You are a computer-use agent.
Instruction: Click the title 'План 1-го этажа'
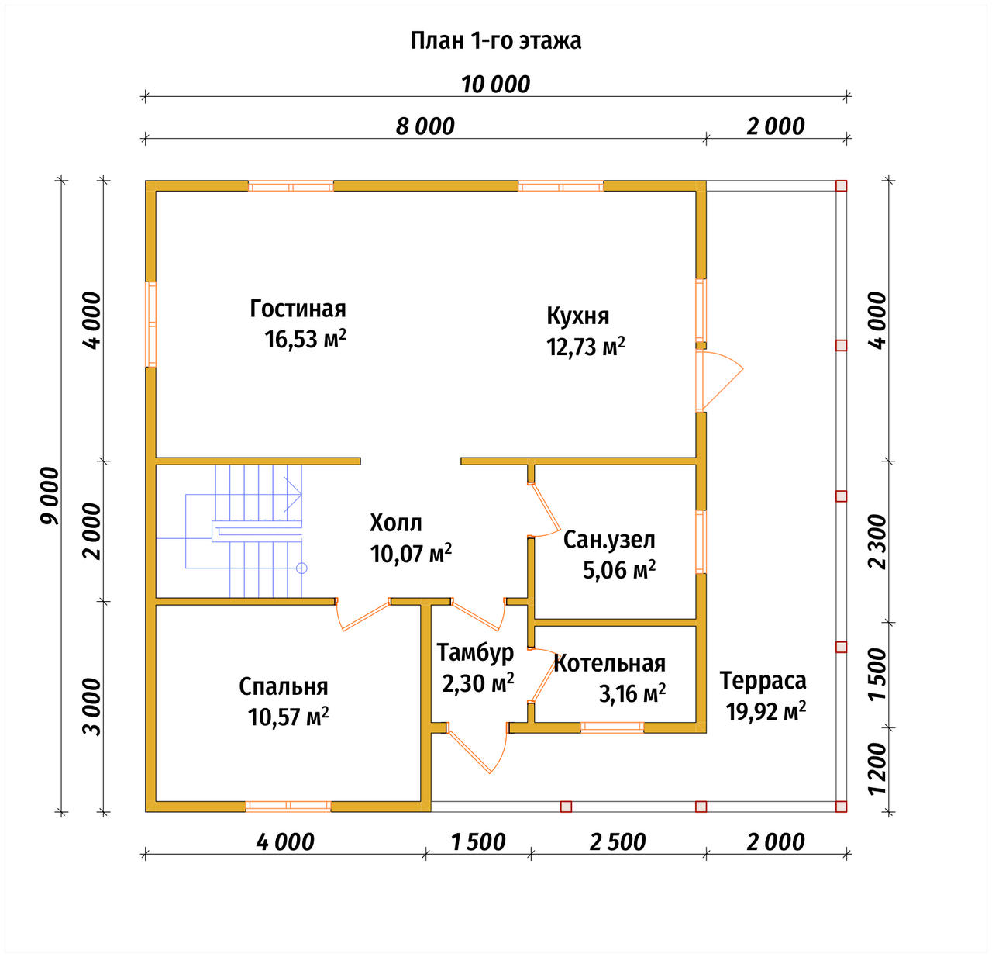(x=495, y=41)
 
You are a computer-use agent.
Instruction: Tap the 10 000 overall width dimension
(x=495, y=85)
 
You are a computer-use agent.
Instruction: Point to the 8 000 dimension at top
(x=425, y=126)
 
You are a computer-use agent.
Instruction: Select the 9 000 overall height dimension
(x=50, y=496)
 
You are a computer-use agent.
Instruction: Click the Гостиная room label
(x=298, y=309)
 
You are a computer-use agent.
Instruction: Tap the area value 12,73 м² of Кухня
(x=586, y=347)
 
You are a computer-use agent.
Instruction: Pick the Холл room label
(x=396, y=523)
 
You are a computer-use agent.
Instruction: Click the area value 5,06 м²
(x=619, y=570)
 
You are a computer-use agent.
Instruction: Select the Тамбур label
(x=475, y=654)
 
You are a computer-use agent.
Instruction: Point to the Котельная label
(x=610, y=663)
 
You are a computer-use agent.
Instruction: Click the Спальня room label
(x=284, y=686)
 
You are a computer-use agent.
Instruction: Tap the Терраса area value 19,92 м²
(x=766, y=712)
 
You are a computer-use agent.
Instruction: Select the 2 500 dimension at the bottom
(x=618, y=842)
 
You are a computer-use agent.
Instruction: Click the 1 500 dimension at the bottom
(x=478, y=842)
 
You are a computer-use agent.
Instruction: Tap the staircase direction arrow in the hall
(x=293, y=494)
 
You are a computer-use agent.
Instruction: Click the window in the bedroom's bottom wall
(x=288, y=806)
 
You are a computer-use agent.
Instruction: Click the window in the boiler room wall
(x=612, y=727)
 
